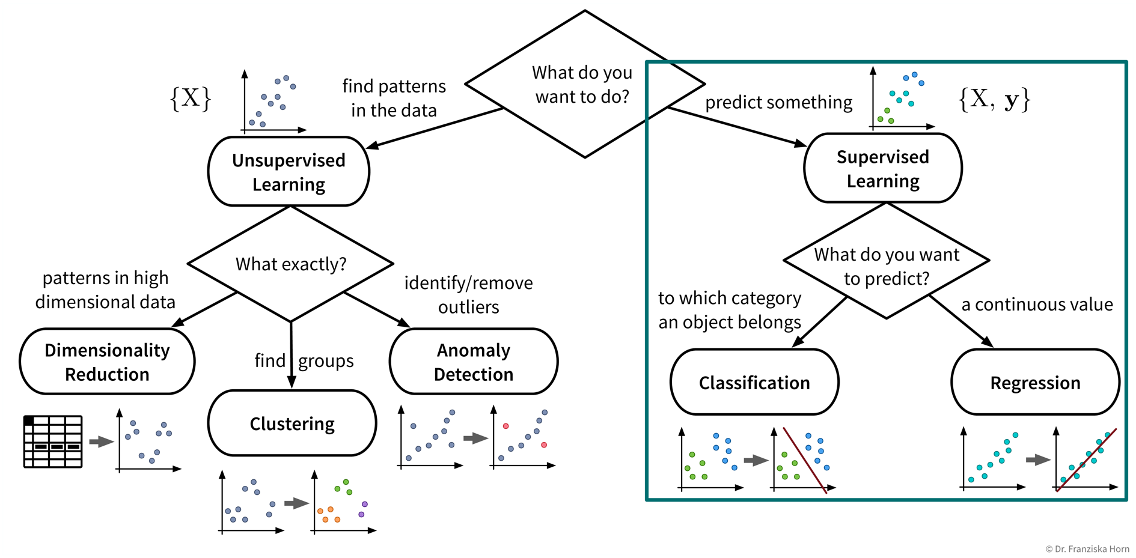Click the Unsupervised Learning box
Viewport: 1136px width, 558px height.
click(x=289, y=172)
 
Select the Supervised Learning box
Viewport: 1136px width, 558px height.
click(x=882, y=168)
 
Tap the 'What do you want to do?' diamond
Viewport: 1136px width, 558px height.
click(x=584, y=84)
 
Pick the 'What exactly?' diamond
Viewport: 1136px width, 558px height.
click(x=291, y=264)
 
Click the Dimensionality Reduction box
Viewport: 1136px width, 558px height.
click(x=107, y=362)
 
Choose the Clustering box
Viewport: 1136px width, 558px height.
click(x=292, y=423)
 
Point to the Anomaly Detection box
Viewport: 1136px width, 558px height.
click(x=474, y=362)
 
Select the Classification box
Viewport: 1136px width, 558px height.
click(x=754, y=383)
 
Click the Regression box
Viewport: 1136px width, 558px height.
click(x=1035, y=383)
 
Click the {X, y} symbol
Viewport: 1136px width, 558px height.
click(x=994, y=99)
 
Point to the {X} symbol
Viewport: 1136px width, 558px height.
click(x=191, y=98)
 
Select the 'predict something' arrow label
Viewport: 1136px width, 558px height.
click(x=778, y=103)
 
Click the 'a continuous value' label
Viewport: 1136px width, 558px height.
click(x=1037, y=305)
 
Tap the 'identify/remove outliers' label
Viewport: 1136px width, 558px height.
click(x=468, y=294)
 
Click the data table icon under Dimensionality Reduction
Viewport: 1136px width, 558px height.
click(x=53, y=441)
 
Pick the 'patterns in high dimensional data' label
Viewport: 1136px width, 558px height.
click(x=105, y=290)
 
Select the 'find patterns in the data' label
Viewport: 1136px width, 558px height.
click(x=394, y=98)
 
